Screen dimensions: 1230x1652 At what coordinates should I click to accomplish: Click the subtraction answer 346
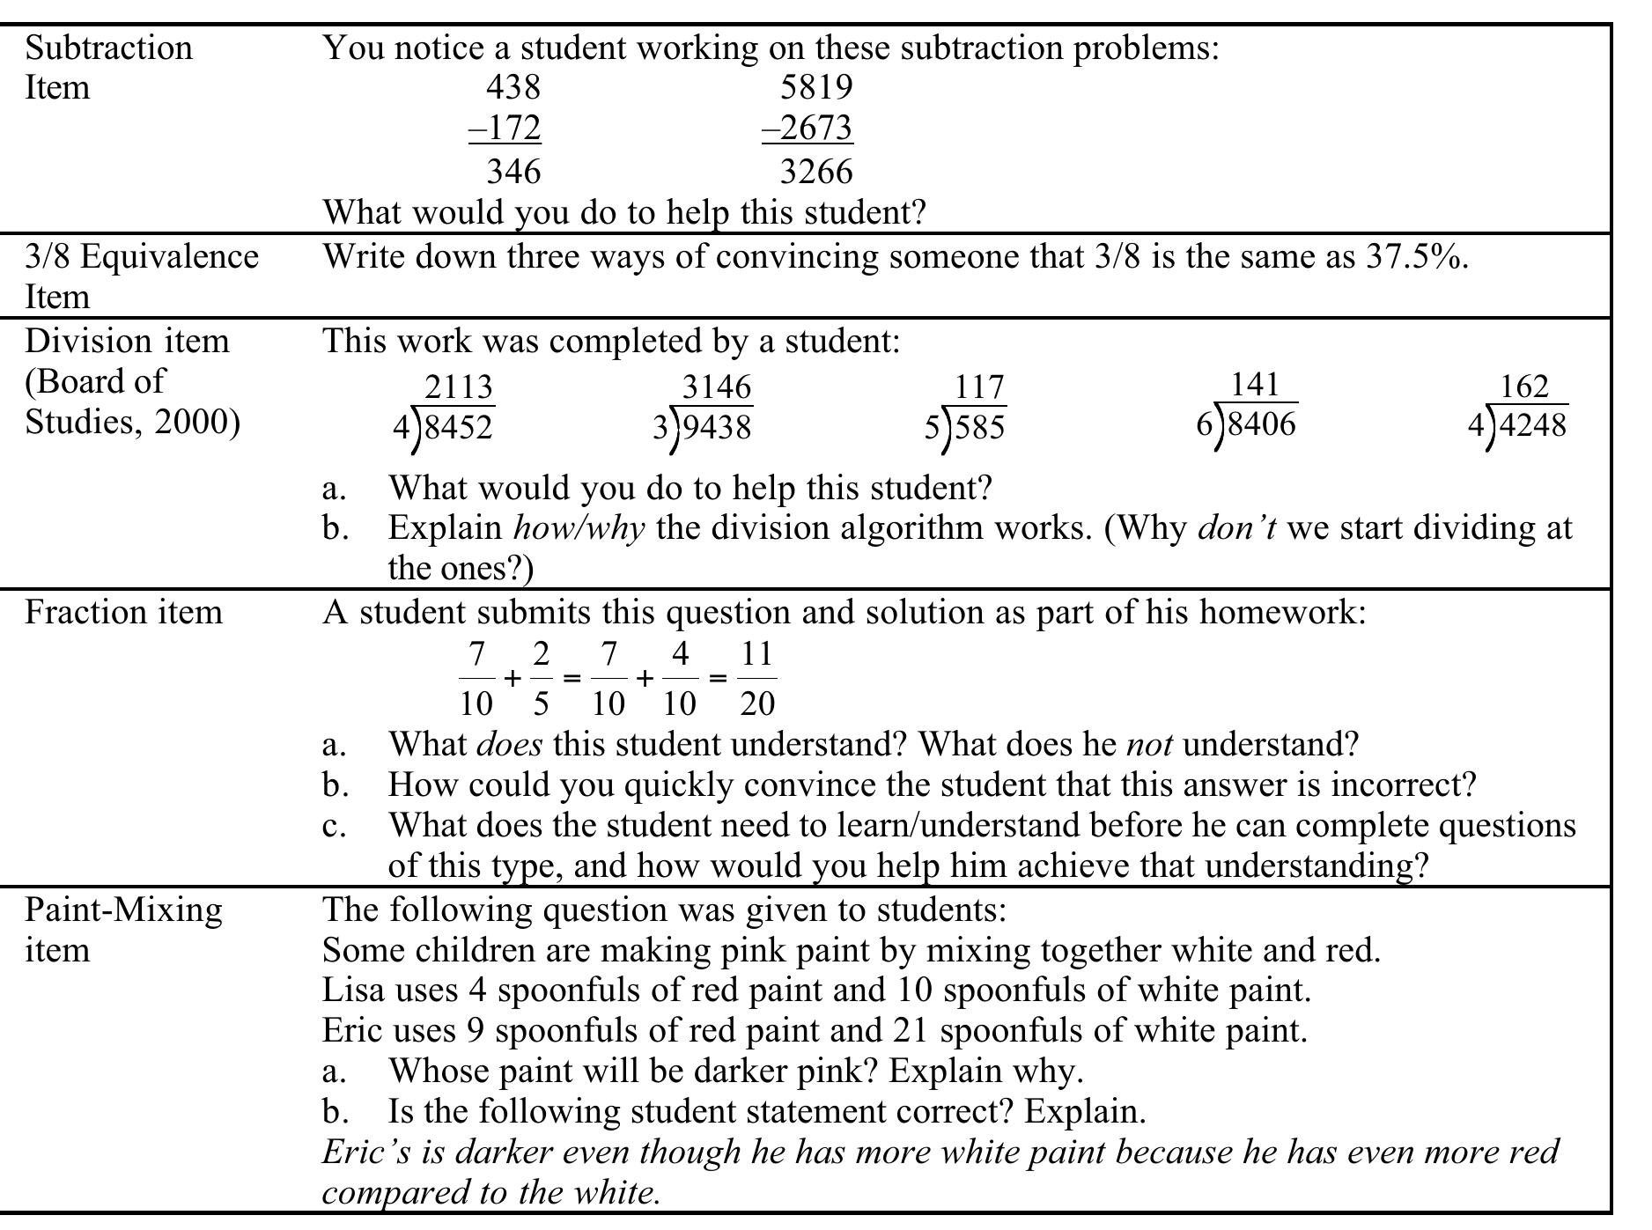[x=513, y=171]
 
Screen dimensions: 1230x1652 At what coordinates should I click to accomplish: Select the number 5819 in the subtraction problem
[x=816, y=87]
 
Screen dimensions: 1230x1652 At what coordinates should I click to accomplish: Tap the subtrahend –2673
[x=808, y=129]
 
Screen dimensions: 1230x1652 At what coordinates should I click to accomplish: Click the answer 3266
[x=816, y=171]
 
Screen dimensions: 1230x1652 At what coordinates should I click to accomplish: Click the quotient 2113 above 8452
[x=458, y=387]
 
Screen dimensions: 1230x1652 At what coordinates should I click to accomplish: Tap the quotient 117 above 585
[x=979, y=387]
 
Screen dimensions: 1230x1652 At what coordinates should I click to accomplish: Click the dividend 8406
[x=1261, y=424]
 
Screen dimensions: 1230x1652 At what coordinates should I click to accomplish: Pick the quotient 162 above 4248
[x=1523, y=387]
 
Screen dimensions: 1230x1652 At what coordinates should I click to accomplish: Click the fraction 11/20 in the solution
[x=756, y=679]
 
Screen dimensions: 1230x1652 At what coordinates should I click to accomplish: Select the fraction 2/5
[x=541, y=679]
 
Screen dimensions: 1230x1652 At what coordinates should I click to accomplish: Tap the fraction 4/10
[x=679, y=679]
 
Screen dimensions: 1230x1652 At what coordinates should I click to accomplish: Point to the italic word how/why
[x=579, y=528]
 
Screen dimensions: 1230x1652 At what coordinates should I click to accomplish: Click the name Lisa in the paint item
[x=353, y=991]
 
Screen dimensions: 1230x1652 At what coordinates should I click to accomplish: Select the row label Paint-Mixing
[x=123, y=910]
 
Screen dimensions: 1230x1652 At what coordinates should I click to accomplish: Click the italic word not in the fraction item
[x=1148, y=745]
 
